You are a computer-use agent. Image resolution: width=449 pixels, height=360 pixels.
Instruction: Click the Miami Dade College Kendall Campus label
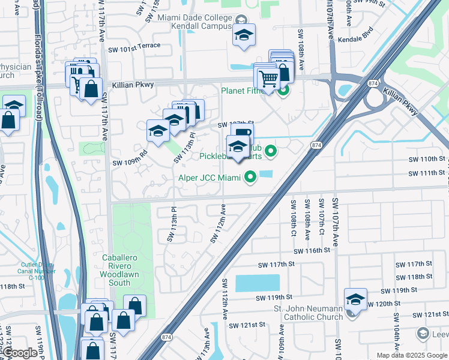point(195,22)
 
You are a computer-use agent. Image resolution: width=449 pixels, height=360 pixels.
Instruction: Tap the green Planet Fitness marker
point(283,91)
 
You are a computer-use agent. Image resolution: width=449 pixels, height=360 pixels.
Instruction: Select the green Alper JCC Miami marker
point(249,177)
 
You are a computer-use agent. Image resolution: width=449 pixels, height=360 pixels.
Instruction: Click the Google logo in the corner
point(20,353)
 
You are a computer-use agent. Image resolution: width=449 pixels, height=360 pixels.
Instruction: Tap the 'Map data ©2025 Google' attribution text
point(411,355)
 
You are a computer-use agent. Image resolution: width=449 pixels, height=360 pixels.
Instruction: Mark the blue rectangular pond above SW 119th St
point(258,283)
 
